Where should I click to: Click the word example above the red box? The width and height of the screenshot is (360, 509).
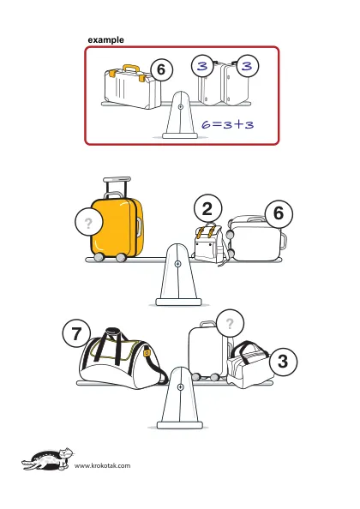pos(105,40)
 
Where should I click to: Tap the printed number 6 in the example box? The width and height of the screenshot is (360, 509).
pos(160,69)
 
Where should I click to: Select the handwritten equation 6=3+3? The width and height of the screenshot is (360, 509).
pos(227,124)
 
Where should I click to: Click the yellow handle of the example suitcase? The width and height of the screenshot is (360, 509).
pos(131,69)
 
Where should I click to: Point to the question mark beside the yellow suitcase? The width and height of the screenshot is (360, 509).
pos(88,224)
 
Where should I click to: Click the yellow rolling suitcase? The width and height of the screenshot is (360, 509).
pos(117,227)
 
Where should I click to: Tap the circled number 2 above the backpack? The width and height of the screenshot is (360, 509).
pos(207,209)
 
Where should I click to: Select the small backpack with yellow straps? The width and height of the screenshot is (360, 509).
pos(210,243)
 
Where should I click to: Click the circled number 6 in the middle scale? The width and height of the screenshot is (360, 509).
pos(279,213)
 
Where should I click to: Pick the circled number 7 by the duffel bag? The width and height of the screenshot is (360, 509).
pos(76,333)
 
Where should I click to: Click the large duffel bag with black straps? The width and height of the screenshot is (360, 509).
pos(123,359)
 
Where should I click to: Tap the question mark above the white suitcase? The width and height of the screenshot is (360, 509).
pos(230,324)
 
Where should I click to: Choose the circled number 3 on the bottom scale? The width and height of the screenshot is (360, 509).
pos(283,362)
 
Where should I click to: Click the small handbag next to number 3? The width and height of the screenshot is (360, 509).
pos(249,365)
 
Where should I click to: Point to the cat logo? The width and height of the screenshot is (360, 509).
pos(48,459)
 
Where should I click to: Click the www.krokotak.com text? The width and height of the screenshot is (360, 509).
pos(103,466)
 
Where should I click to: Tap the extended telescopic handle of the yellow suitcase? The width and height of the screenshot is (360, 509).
pos(117,186)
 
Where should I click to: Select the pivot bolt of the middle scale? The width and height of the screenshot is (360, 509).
pos(177,264)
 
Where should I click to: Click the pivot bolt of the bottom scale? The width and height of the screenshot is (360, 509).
pos(181,387)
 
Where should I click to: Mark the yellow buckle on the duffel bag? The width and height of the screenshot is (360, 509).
pos(147,353)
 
